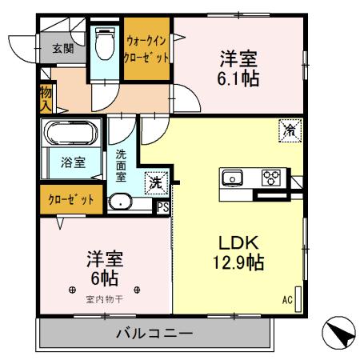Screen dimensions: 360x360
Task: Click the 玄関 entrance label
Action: (x=63, y=48)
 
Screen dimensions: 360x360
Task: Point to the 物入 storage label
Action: (x=46, y=98)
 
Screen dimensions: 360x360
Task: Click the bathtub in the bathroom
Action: (x=70, y=133)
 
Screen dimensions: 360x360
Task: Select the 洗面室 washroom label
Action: (x=122, y=164)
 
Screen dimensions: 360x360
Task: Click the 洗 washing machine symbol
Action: (x=155, y=182)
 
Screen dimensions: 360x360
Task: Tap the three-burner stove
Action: (x=271, y=178)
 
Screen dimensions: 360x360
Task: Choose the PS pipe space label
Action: (x=162, y=206)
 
